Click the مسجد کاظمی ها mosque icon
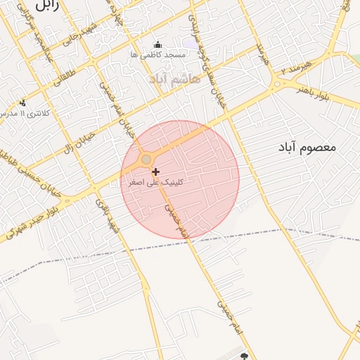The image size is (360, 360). [x=156, y=44]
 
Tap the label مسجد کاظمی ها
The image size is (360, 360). [x=157, y=54]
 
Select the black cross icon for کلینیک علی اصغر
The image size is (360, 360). [x=155, y=172]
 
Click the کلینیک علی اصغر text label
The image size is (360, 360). [x=155, y=181]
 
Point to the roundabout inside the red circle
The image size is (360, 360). [x=146, y=160]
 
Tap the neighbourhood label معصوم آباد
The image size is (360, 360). [x=308, y=148]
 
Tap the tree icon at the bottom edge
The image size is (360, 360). [x=245, y=356]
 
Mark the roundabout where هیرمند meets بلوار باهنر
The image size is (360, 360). [x=277, y=84]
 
